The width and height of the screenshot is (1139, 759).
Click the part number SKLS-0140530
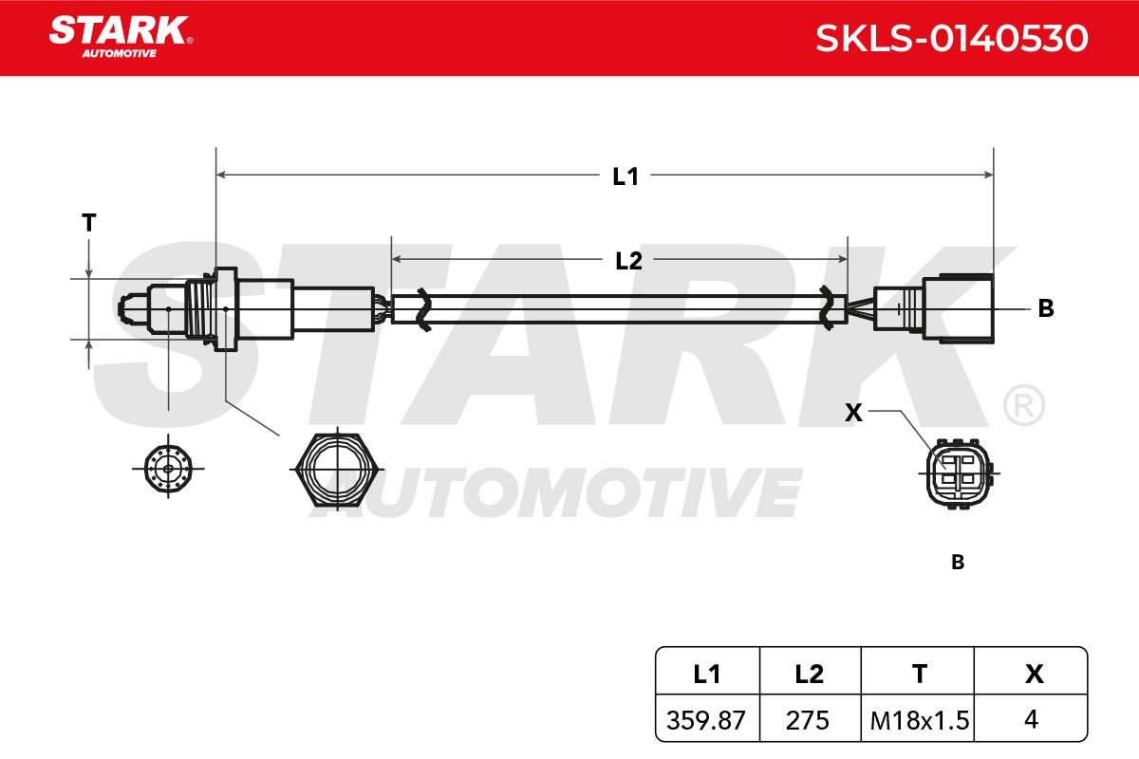pos(952,39)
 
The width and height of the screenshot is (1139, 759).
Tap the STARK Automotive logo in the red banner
pos(121,37)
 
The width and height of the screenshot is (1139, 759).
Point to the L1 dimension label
pos(625,176)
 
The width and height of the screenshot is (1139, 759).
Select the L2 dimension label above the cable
pos(628,261)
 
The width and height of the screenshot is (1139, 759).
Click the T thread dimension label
pos(89,223)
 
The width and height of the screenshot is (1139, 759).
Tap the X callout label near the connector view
pos(853,413)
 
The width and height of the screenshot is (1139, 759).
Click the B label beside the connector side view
pos(1046,308)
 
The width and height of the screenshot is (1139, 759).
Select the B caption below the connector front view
pos(958,563)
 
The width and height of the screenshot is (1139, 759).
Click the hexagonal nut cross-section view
pos(338,470)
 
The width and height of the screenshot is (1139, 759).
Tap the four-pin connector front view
pos(959,473)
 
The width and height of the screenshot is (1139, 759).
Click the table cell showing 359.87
pos(706,720)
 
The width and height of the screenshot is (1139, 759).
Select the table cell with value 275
pos(807,720)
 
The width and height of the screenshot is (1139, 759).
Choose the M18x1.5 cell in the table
pos(920,720)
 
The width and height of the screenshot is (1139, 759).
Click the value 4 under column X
pos(1031,719)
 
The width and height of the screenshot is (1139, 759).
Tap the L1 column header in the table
pos(707,675)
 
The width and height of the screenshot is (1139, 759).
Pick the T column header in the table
pos(920,675)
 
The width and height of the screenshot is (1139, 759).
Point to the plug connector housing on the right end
pos(934,308)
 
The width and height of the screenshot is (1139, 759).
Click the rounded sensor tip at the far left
pos(132,308)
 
